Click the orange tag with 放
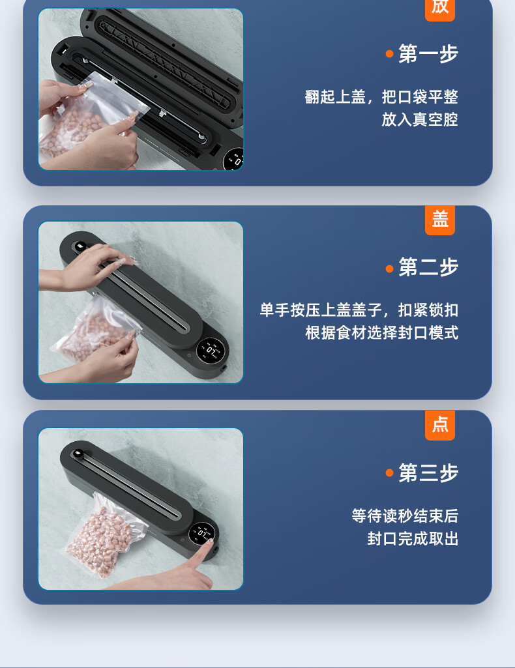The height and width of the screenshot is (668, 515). click(x=440, y=9)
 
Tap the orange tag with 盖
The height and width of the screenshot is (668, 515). click(x=440, y=220)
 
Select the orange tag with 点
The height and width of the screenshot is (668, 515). click(x=440, y=425)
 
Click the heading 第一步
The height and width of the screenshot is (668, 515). click(x=428, y=53)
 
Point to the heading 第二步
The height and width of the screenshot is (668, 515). click(x=428, y=267)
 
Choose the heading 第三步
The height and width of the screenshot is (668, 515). click(x=428, y=473)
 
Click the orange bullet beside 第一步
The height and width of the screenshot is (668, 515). click(x=389, y=53)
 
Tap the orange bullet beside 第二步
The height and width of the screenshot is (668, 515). click(x=389, y=269)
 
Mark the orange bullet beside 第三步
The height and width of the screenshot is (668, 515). click(x=389, y=473)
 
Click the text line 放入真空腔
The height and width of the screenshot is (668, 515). click(x=420, y=120)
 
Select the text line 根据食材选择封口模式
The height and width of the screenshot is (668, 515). click(x=381, y=333)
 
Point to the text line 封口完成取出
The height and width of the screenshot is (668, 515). click(x=413, y=539)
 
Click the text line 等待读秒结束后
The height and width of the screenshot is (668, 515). click(x=405, y=516)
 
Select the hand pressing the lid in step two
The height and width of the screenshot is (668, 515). click(x=85, y=267)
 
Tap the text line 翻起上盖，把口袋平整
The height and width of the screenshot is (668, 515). click(x=381, y=96)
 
